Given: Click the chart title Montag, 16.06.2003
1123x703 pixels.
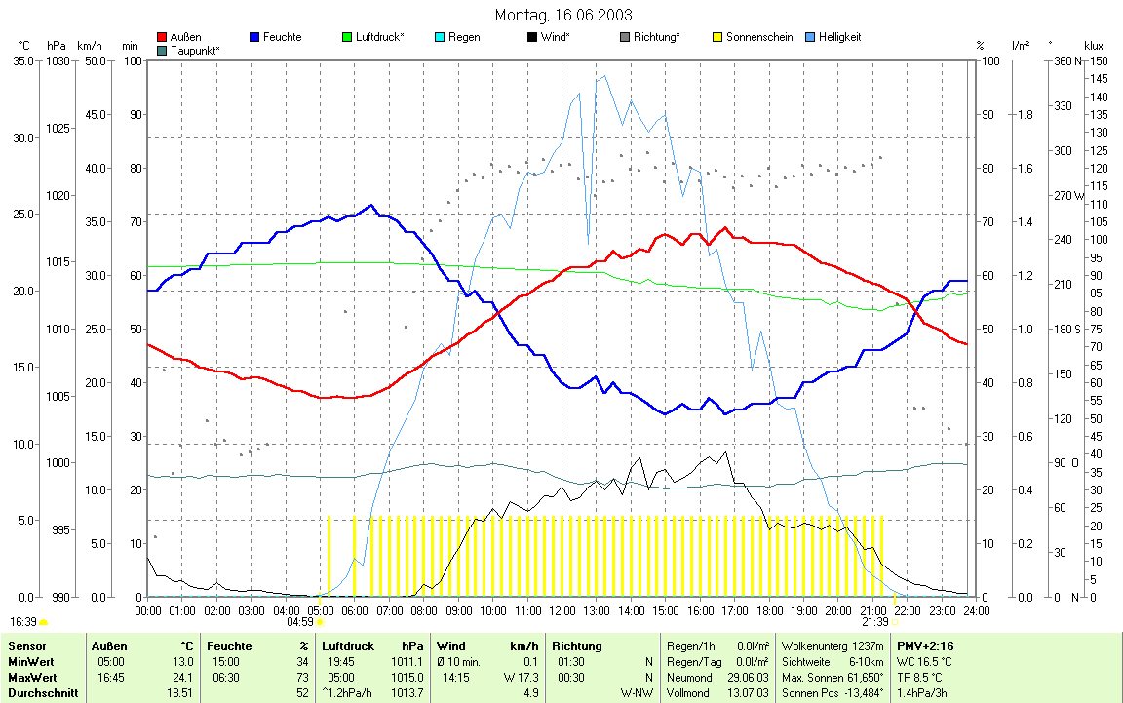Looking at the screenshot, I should (x=562, y=15).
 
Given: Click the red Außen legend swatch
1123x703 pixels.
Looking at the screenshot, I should (x=162, y=38).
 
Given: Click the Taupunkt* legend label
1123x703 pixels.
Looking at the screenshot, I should (x=195, y=49).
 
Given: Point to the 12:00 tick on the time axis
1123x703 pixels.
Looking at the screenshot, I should (x=561, y=610).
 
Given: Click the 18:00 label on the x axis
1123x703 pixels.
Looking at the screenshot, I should (x=768, y=610).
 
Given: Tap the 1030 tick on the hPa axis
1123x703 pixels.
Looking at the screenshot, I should (x=58, y=60).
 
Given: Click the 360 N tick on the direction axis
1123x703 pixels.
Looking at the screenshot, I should (x=1064, y=60).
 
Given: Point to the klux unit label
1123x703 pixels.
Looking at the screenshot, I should (x=1094, y=46).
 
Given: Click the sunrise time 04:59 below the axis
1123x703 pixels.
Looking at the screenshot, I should (x=300, y=621).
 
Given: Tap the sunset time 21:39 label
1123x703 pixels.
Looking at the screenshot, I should (x=874, y=621).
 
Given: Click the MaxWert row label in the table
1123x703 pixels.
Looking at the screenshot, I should (x=32, y=677).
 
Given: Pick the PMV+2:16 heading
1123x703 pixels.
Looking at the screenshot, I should (x=926, y=645).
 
